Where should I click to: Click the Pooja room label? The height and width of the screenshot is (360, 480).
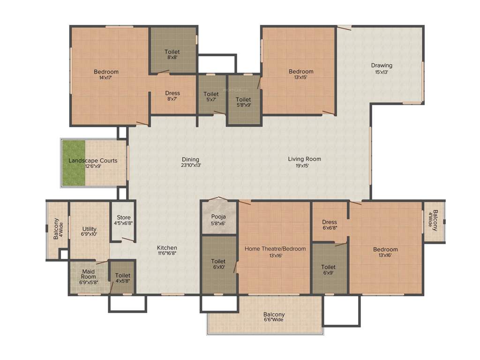(218, 217)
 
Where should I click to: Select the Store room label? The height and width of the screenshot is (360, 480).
(124, 217)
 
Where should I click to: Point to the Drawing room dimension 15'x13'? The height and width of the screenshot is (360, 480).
(382, 72)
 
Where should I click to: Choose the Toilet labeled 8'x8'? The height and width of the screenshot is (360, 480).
(172, 52)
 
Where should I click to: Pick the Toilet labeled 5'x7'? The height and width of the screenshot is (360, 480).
(211, 94)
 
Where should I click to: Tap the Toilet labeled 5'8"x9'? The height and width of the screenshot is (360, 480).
(243, 99)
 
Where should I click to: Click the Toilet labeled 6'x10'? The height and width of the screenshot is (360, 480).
(218, 262)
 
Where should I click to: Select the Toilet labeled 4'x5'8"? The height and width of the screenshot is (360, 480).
(122, 276)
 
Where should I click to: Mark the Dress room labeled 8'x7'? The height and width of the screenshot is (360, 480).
(172, 93)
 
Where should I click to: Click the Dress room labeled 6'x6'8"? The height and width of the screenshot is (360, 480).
(330, 222)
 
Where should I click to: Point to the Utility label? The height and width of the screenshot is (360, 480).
(90, 229)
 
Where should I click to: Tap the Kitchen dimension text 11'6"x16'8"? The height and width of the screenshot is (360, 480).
(167, 253)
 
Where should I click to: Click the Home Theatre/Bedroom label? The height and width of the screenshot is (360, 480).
(275, 249)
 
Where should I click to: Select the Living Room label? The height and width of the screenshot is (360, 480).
(304, 159)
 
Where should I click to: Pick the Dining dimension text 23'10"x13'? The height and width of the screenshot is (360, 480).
(191, 165)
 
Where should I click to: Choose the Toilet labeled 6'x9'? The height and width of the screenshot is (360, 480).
(329, 267)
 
